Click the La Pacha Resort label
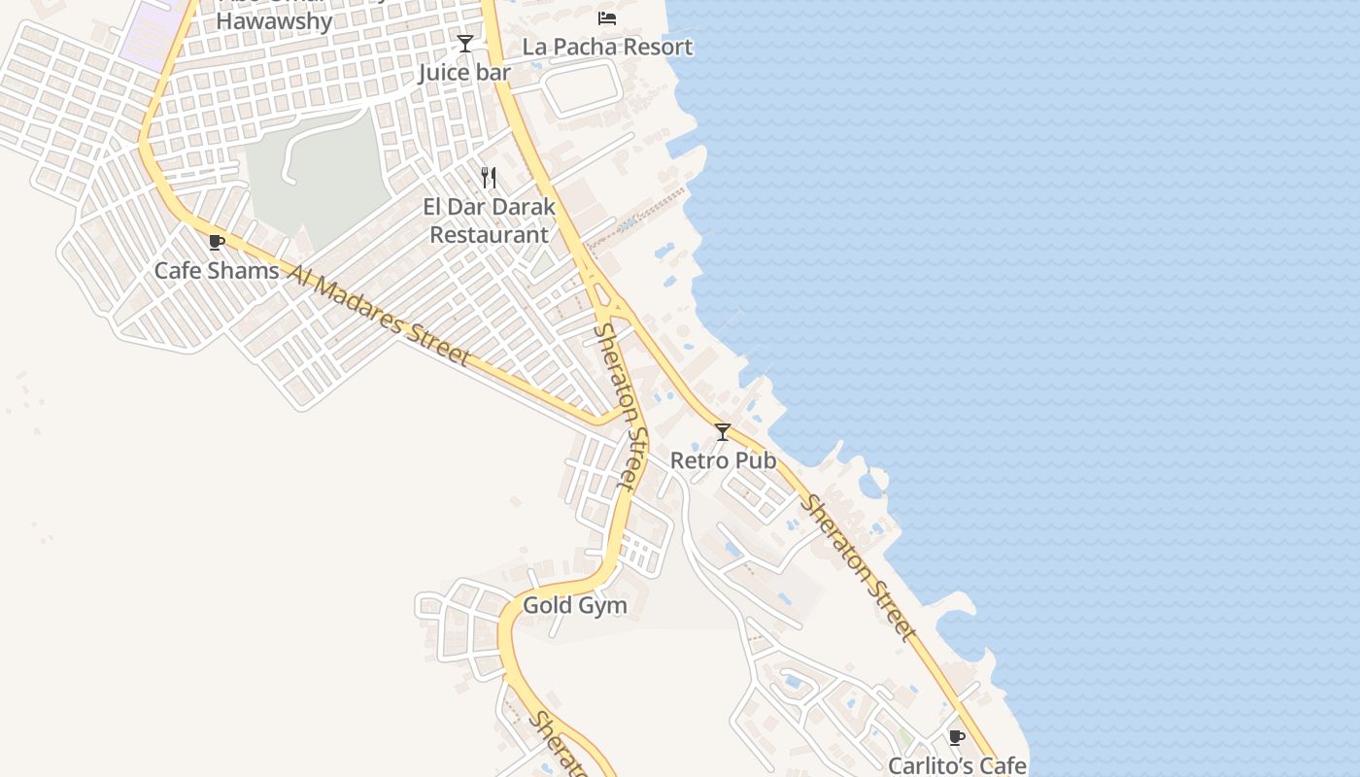pyautogui.click(x=607, y=47)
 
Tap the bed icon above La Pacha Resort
pyautogui.click(x=607, y=18)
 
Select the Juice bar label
pyautogui.click(x=464, y=73)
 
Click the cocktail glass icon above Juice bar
pyautogui.click(x=465, y=44)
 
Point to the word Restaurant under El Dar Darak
pyautogui.click(x=489, y=235)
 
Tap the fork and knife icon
pyautogui.click(x=489, y=178)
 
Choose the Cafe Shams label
pyautogui.click(x=217, y=271)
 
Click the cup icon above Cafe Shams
pyautogui.click(x=217, y=243)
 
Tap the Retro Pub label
pyautogui.click(x=723, y=460)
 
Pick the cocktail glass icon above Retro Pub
pyautogui.click(x=723, y=432)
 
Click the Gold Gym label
pyautogui.click(x=574, y=606)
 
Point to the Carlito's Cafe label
pyautogui.click(x=957, y=765)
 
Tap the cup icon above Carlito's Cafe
pyautogui.click(x=957, y=737)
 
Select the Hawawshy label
pyautogui.click(x=274, y=20)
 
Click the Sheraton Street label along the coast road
pyautogui.click(x=859, y=569)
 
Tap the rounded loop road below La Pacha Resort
pyautogui.click(x=581, y=89)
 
